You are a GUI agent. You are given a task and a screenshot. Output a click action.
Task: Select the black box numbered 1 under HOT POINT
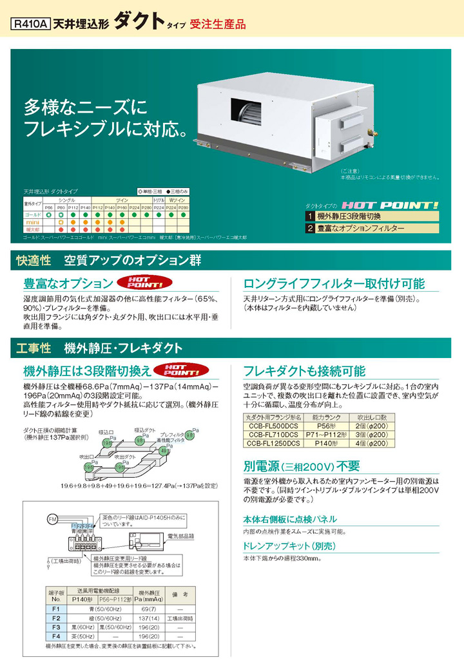(310, 216)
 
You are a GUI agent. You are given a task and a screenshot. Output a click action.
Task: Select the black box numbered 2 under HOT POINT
(310, 229)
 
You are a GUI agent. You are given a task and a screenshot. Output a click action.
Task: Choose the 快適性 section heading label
(33, 261)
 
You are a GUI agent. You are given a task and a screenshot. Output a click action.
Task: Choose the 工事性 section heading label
(33, 348)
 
